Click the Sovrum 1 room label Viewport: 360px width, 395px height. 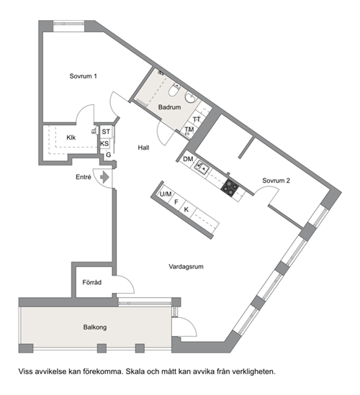(x=84, y=76)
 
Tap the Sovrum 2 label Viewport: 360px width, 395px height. (x=276, y=181)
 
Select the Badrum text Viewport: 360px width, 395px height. (x=169, y=107)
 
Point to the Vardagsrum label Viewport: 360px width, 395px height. (x=186, y=266)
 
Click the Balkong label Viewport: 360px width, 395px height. (x=95, y=327)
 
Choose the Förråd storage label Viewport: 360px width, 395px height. (x=91, y=282)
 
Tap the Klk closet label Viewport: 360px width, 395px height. (x=71, y=137)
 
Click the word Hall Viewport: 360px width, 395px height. (x=143, y=147)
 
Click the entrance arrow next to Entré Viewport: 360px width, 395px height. (x=104, y=177)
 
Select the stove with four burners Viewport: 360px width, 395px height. (x=230, y=188)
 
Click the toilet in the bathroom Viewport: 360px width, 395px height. (x=174, y=90)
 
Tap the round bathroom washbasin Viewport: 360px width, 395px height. (x=191, y=97)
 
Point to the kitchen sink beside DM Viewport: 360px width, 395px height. (x=202, y=167)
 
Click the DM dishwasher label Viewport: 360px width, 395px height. (x=188, y=159)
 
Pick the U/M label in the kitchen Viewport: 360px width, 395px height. (x=166, y=194)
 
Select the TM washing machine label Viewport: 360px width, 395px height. (x=189, y=130)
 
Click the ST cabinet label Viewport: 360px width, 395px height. (x=106, y=132)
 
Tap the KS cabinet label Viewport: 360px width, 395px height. (x=104, y=144)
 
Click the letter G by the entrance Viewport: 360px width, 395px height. (x=109, y=155)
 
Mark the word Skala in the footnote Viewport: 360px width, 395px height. (x=135, y=371)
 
